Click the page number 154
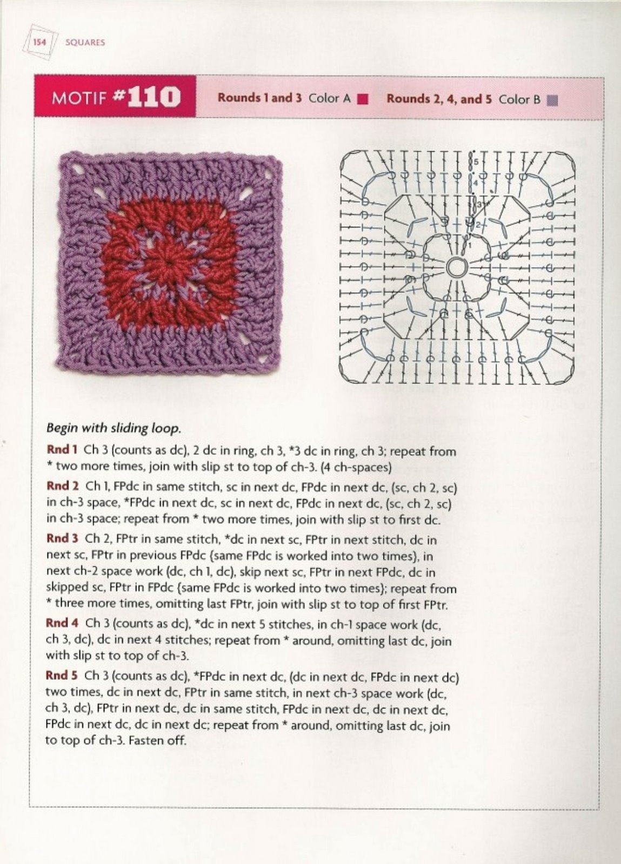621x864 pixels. tap(39, 42)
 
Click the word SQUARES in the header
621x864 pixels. tap(84, 42)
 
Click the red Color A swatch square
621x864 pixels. tap(363, 99)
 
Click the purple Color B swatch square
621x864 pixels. tap(552, 100)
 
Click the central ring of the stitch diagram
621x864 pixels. tap(456, 266)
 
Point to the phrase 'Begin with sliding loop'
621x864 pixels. tap(113, 428)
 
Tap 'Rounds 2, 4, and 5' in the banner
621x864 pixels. tap(439, 99)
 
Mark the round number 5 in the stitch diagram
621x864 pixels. tap(476, 162)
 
